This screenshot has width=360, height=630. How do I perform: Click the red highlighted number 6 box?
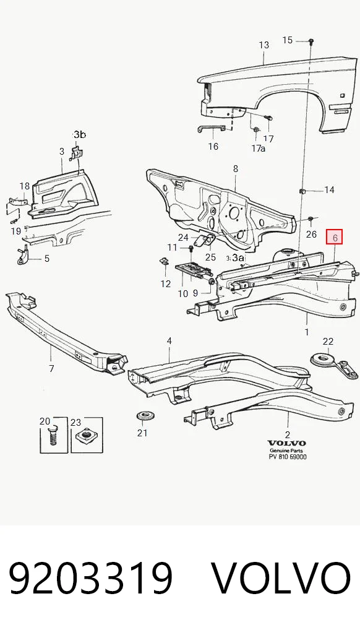(334, 237)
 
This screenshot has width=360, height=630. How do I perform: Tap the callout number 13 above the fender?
(264, 45)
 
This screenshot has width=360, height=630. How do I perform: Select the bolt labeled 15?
(311, 41)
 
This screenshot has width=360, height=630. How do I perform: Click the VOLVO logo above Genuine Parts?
(286, 443)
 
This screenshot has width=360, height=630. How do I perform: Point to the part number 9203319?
(91, 578)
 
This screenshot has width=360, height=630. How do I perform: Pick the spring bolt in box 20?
(53, 434)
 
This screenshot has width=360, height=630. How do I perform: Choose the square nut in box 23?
(86, 436)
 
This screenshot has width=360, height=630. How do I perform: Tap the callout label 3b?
(79, 134)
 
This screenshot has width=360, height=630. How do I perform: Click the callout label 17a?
(259, 149)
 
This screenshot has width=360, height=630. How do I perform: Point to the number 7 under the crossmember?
(51, 368)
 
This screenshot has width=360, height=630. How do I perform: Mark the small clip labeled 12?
(163, 262)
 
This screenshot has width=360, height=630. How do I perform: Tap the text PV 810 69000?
(288, 457)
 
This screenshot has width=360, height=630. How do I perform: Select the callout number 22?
(328, 342)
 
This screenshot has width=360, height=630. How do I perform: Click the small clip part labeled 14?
(303, 190)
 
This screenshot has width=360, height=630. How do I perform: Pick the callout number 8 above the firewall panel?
(236, 169)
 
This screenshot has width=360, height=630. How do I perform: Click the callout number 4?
(169, 341)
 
